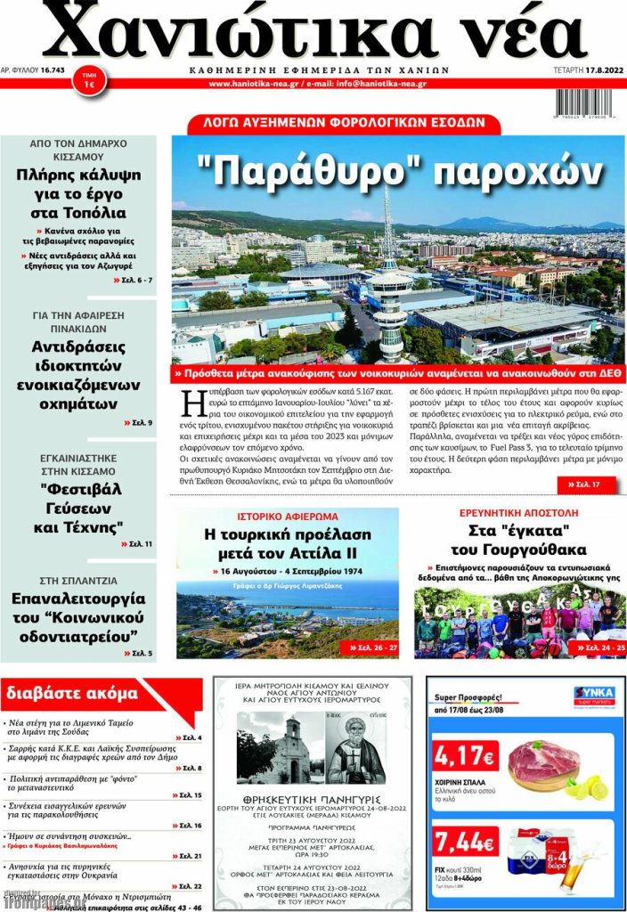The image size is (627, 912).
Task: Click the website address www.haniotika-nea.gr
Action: click(x=253, y=84)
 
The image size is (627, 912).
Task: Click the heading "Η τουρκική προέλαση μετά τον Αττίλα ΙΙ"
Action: click(x=287, y=545)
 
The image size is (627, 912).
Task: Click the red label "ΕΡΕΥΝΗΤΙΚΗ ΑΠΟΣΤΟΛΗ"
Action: click(x=518, y=514)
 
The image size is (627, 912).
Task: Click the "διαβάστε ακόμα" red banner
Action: click(x=71, y=693)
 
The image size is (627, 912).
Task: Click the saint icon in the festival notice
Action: click(x=356, y=749)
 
